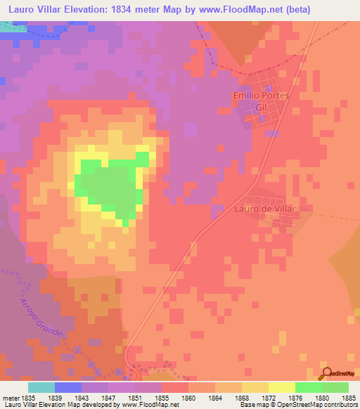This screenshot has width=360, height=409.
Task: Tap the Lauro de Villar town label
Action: coord(262,209)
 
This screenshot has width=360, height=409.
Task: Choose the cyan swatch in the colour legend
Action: coord(41,387)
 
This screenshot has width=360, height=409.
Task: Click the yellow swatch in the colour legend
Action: coord(282,387)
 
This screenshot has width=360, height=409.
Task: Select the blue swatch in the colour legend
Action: coord(68,387)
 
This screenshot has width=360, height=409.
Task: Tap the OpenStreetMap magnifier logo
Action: coord(326,373)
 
